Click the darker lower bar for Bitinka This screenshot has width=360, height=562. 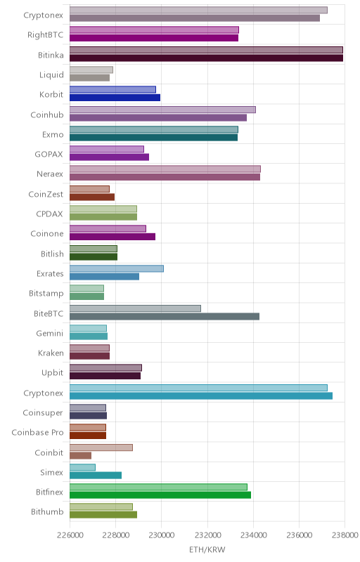tap(206, 58)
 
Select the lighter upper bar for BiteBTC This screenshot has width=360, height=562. tap(135, 308)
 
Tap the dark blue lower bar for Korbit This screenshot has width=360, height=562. tap(115, 98)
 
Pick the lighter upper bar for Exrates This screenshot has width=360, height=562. tap(117, 268)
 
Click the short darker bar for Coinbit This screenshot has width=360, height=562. tap(80, 455)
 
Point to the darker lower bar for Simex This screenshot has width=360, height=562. tap(96, 476)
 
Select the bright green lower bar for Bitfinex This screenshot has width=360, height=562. tap(160, 495)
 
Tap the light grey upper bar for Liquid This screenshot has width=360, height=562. tap(91, 70)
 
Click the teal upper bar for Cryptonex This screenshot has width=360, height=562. tap(198, 388)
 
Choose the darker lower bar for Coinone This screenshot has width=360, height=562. tap(112, 237)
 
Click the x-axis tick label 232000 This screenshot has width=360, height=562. tap(207, 535)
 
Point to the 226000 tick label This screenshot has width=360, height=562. tap(70, 535)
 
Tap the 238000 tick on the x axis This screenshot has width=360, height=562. tap(345, 535)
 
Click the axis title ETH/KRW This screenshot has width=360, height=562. tap(207, 550)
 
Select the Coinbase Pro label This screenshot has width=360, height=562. tap(37, 432)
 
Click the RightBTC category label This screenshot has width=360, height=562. tap(45, 34)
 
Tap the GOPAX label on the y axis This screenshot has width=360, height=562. tap(49, 154)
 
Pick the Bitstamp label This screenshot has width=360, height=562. tap(46, 293)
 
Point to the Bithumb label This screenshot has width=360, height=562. tap(47, 511)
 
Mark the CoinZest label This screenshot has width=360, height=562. tap(46, 194)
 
